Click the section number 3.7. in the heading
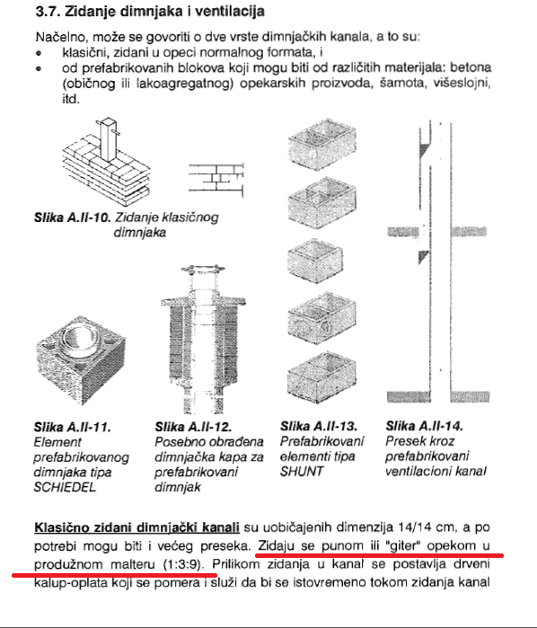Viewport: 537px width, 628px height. point(48,11)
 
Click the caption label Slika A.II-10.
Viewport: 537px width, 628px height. point(72,217)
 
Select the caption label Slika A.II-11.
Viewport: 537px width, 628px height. point(72,428)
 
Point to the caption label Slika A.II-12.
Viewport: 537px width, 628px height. point(193,427)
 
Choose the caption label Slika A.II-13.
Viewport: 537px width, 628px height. point(319,426)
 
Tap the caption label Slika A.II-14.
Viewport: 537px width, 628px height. point(424,426)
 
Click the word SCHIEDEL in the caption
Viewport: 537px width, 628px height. point(65,488)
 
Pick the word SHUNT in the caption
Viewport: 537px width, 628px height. point(302,472)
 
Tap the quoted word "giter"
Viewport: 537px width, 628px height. point(401,546)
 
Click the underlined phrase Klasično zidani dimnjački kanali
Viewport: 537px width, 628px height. point(137,527)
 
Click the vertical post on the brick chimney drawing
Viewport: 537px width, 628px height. point(109,139)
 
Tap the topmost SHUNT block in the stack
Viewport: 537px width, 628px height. point(322,144)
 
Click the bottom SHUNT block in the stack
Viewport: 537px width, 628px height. point(321,376)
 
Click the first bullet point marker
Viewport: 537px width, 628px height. point(39,53)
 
